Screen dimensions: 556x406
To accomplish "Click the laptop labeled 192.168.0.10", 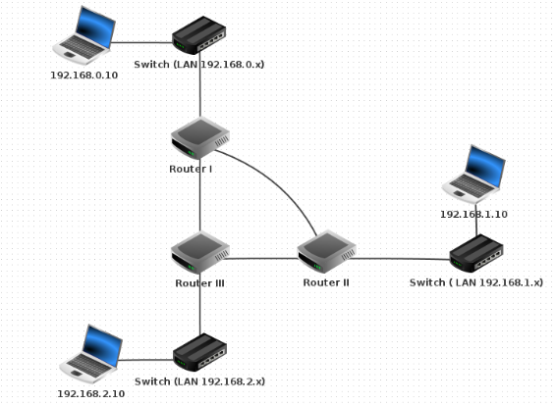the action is pyautogui.click(x=84, y=35).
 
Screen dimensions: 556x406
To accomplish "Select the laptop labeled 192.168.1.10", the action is pyautogui.click(x=474, y=174).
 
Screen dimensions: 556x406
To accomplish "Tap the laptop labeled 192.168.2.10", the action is pyautogui.click(x=91, y=354).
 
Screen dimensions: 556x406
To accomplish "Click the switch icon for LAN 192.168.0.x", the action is pyautogui.click(x=199, y=35).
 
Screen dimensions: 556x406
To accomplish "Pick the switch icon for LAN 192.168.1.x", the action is pyautogui.click(x=476, y=253).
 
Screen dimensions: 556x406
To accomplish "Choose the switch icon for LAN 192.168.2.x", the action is pyautogui.click(x=199, y=352).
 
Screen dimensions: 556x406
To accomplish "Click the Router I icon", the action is pyautogui.click(x=200, y=138).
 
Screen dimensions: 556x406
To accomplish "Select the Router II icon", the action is pyautogui.click(x=326, y=252).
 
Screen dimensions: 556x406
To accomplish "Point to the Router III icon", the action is pyautogui.click(x=200, y=253).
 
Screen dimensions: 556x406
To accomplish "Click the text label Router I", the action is pyautogui.click(x=191, y=170).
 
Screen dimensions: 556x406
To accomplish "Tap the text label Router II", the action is pyautogui.click(x=326, y=282).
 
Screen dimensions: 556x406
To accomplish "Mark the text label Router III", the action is pyautogui.click(x=200, y=283).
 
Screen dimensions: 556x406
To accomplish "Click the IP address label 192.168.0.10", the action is pyautogui.click(x=84, y=76).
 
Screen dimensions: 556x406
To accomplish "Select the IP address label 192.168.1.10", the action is pyautogui.click(x=474, y=215).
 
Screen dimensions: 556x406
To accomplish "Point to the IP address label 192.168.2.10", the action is pyautogui.click(x=91, y=394).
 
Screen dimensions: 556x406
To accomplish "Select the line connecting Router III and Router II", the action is pyautogui.click(x=260, y=258).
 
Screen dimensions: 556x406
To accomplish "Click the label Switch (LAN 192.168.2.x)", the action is pyautogui.click(x=200, y=381).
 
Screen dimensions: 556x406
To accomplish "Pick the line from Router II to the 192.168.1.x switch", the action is pyautogui.click(x=400, y=259).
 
